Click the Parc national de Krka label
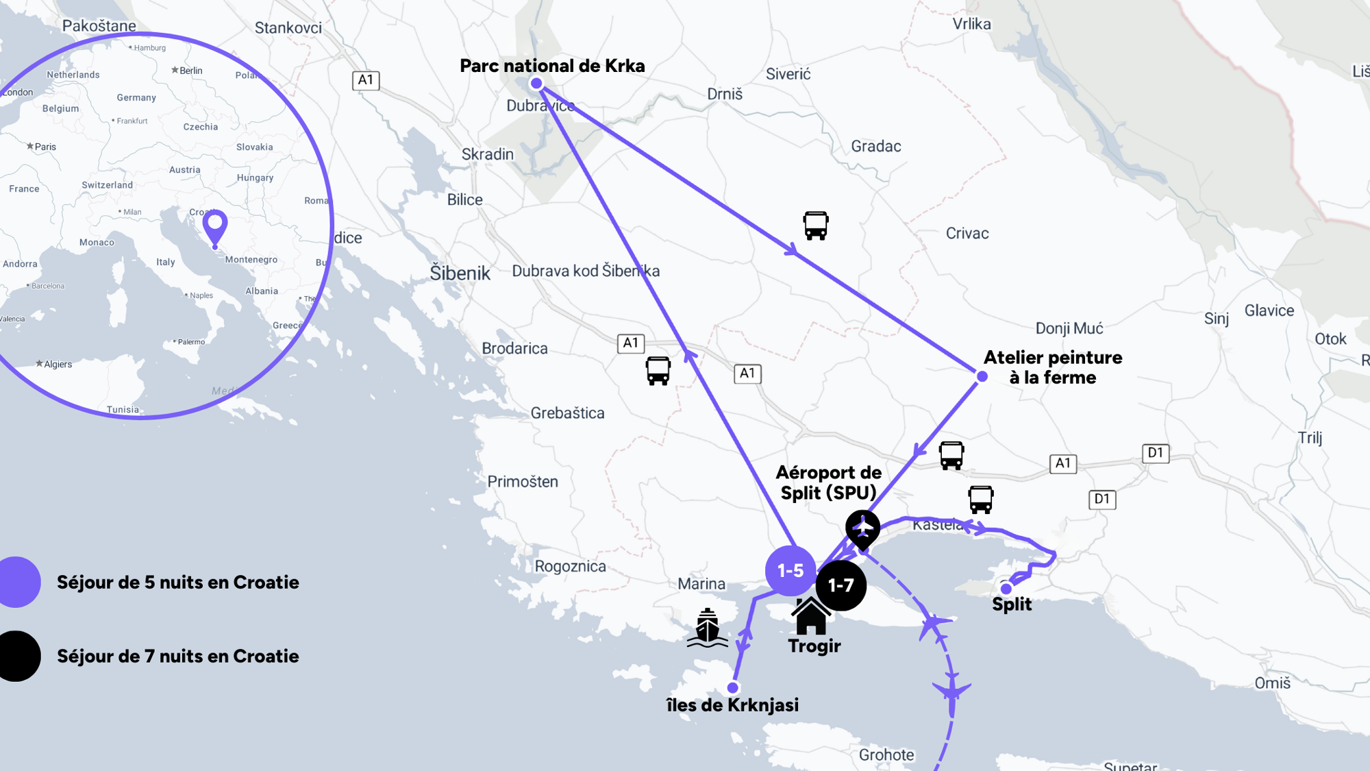coord(552,66)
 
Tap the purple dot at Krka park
coord(536,84)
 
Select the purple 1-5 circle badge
coord(790,570)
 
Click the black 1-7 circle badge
coord(840,585)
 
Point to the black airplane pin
coord(862,529)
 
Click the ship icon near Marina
coord(707,628)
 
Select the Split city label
coord(1012,604)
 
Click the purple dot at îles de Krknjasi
coord(733,687)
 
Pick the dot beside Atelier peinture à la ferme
coord(982,376)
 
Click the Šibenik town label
coord(460,273)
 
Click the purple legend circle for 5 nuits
coord(17,582)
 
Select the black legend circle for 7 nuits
coord(17,656)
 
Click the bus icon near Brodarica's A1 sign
coord(658,371)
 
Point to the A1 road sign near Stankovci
coord(366,80)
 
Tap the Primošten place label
coord(523,482)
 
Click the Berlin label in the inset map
coord(190,71)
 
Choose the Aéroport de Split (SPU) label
coord(828,482)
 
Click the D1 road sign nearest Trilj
coord(1156,453)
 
